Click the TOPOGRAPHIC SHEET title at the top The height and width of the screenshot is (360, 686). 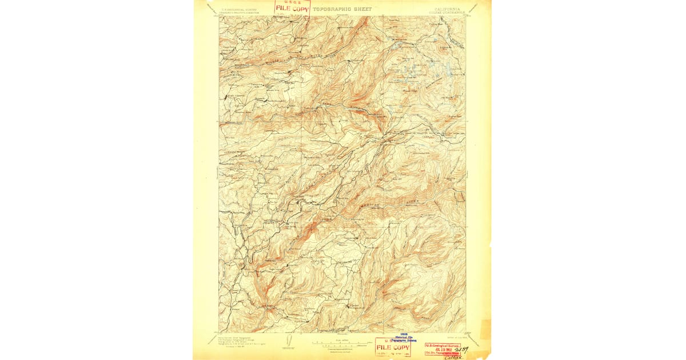[341, 9]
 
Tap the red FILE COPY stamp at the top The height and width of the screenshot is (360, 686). [292, 8]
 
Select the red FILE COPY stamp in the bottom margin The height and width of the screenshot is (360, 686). [392, 347]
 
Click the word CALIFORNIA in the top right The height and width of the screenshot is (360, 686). [449, 9]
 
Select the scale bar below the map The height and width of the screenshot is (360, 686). [341, 343]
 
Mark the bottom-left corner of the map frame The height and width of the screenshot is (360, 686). [219, 332]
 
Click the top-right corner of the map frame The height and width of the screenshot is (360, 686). [465, 16]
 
